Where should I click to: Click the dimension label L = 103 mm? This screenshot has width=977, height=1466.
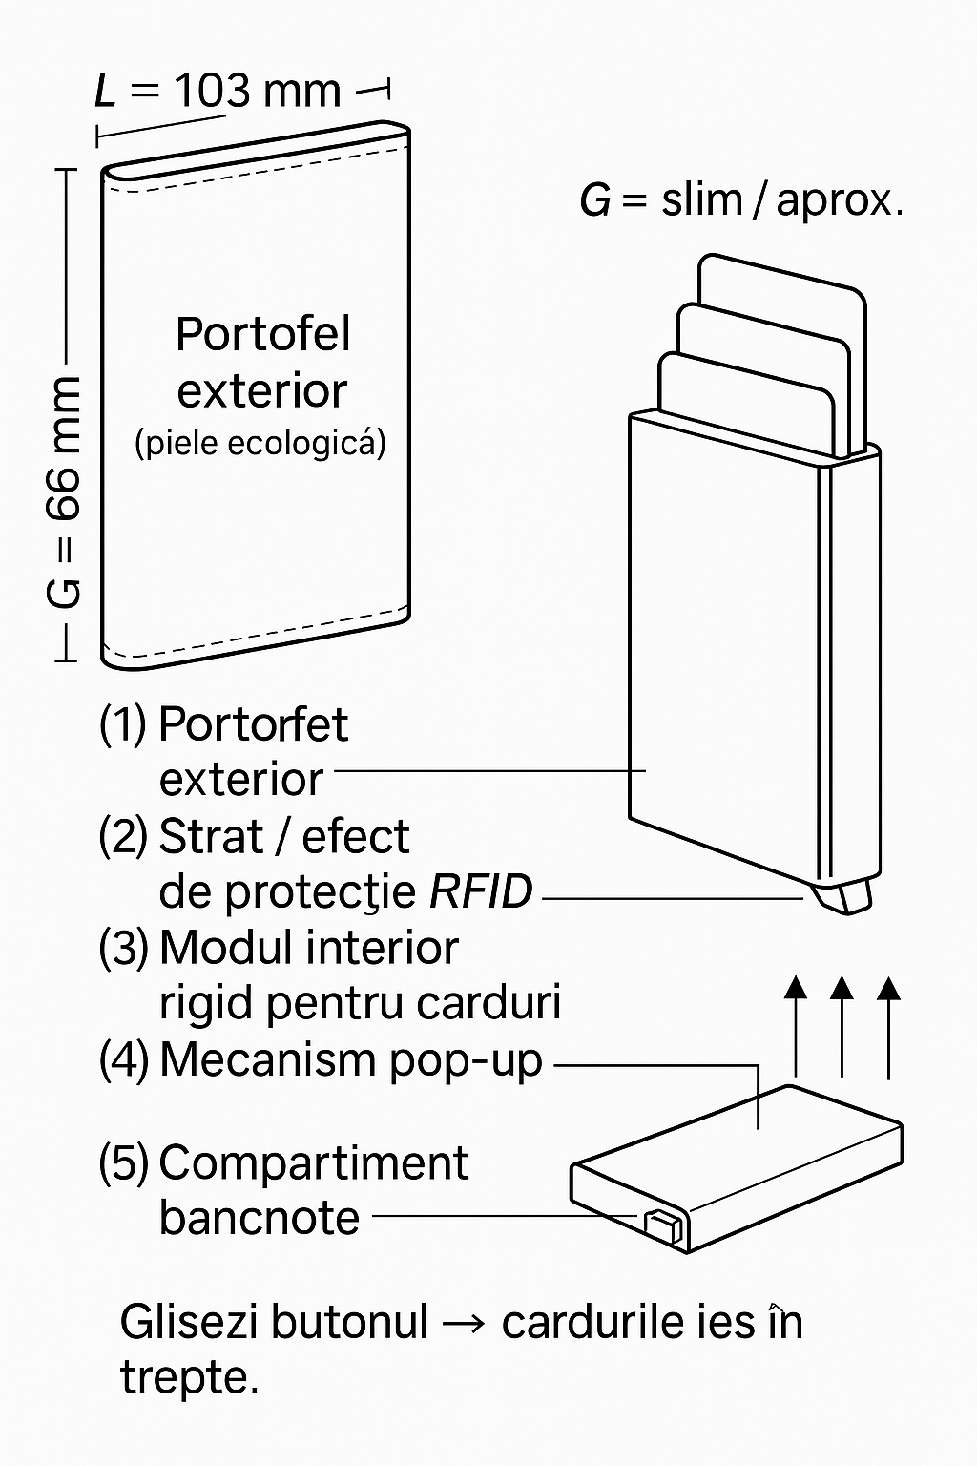[x=218, y=92]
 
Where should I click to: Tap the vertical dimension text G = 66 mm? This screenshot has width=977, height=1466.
[x=63, y=492]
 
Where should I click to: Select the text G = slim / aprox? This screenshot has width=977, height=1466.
[x=740, y=200]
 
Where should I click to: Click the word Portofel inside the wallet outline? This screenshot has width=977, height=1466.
[x=262, y=335]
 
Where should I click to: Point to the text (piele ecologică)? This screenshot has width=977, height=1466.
[x=260, y=443]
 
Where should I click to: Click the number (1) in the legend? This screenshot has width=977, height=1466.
[x=123, y=724]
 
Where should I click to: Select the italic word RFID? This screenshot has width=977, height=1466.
[x=481, y=892]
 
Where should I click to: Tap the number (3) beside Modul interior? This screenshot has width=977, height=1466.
[x=123, y=948]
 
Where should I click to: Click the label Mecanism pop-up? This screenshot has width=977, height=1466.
[x=350, y=1059]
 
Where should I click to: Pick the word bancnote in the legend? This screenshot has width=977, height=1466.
[x=259, y=1218]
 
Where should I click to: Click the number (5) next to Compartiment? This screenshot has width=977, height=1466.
[x=123, y=1163]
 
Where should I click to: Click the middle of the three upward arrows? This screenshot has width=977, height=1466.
[x=841, y=1026]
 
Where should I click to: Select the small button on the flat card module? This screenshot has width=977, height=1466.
[x=663, y=1225]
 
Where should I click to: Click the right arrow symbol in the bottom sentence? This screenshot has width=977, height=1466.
[x=465, y=1323]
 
